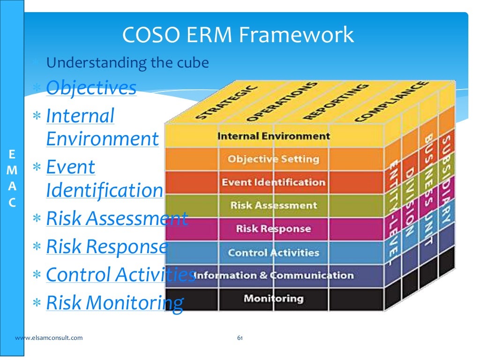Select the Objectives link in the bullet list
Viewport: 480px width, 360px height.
[x=91, y=88]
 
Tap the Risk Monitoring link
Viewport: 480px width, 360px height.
[x=114, y=303]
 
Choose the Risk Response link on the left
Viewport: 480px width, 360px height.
[x=106, y=247]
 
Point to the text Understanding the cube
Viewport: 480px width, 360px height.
[x=127, y=62]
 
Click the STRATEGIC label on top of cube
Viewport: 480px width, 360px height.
[x=226, y=103]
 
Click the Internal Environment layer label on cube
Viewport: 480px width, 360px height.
[x=273, y=136]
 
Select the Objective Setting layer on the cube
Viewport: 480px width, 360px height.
[x=273, y=159]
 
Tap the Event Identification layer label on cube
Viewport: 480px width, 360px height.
[x=273, y=182]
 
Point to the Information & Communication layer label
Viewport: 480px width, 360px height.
[x=273, y=275]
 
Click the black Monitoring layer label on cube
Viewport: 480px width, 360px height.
[x=273, y=298]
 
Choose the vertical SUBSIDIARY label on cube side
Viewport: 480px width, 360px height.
[x=446, y=179]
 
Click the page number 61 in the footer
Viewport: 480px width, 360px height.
[x=240, y=337]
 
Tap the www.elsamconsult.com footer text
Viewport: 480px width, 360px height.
[x=49, y=337]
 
